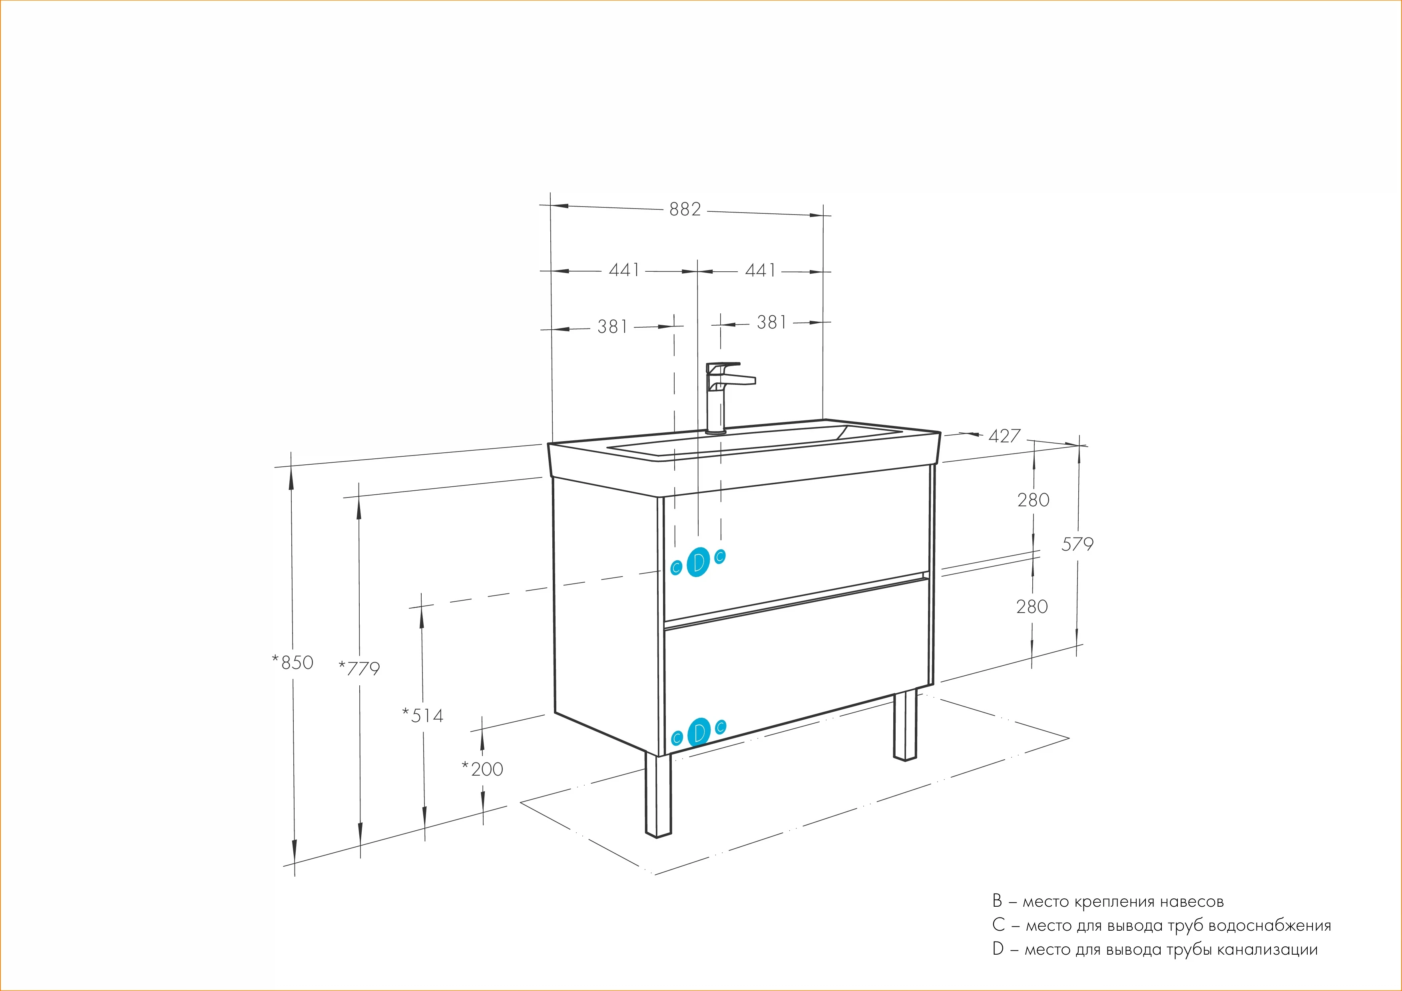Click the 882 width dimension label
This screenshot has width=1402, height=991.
click(x=685, y=209)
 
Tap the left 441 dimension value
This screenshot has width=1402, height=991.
click(x=624, y=270)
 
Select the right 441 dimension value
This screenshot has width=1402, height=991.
click(x=760, y=270)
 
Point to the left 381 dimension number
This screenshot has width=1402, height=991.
click(x=612, y=326)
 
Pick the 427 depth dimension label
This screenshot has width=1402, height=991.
click(x=1004, y=436)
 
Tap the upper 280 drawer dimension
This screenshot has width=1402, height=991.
click(x=1033, y=500)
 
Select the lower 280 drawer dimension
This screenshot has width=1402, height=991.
click(x=1032, y=606)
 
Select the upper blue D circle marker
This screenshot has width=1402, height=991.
click(x=699, y=562)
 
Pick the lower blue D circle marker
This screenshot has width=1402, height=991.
click(x=699, y=733)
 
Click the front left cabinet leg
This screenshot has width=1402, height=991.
click(x=658, y=796)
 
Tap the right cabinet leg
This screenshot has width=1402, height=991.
click(x=905, y=726)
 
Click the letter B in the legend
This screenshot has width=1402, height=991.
click(x=997, y=901)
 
